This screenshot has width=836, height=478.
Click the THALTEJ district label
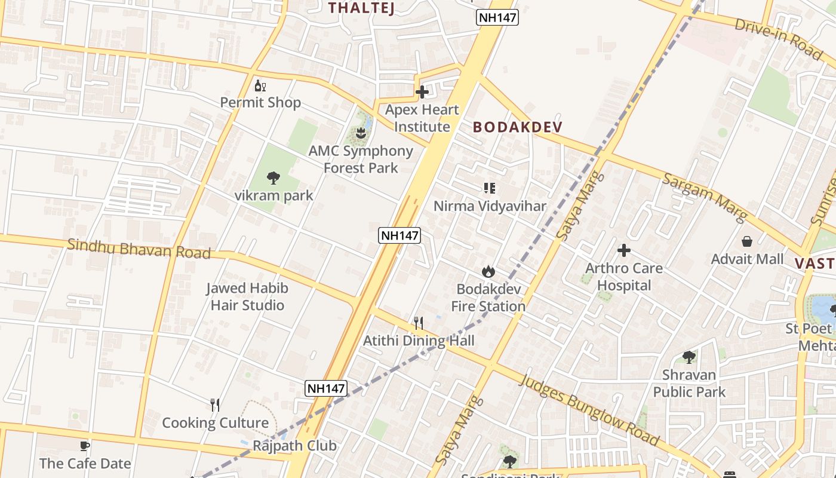[362, 8]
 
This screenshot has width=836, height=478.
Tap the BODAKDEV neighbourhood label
[518, 127]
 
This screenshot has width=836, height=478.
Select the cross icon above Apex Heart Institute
[422, 92]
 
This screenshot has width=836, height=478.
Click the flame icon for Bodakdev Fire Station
[488, 272]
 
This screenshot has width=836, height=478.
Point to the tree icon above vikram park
[273, 177]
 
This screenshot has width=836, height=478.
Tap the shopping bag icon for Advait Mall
[746, 241]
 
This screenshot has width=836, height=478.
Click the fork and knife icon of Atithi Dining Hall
[419, 323]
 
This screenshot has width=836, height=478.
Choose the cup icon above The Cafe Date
[85, 446]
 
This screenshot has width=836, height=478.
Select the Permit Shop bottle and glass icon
[260, 85]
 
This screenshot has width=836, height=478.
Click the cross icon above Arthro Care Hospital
[624, 250]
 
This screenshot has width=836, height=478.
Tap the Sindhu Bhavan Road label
[139, 249]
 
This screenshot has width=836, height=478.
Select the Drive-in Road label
[778, 38]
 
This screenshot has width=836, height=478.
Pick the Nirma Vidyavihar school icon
[490, 189]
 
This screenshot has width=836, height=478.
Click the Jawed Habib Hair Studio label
[247, 297]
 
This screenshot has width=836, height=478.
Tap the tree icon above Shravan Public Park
[689, 357]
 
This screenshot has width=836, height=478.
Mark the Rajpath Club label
[294, 446]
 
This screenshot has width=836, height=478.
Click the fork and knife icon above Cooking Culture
[215, 405]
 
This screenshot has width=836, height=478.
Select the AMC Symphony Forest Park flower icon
[361, 133]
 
